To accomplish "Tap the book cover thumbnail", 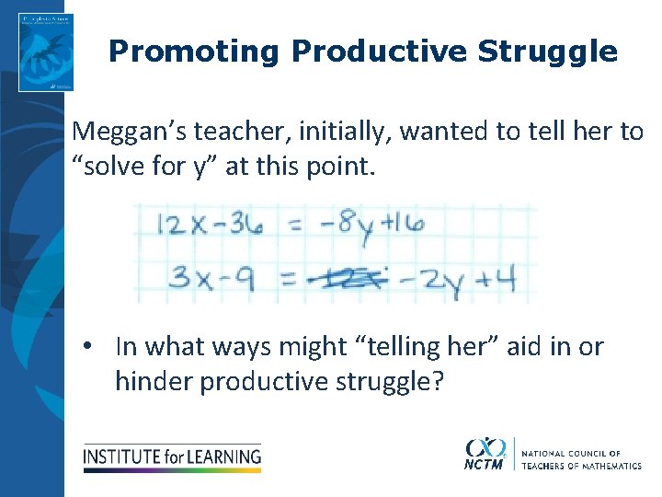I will (45, 52).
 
